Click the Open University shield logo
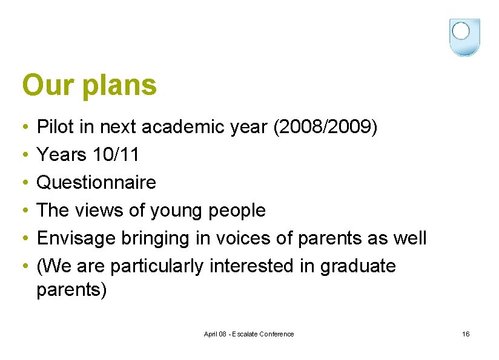click(464, 37)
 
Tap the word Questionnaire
click(96, 183)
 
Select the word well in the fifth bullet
click(411, 238)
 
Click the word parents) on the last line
click(71, 290)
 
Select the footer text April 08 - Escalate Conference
click(249, 334)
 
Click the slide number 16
click(465, 334)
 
